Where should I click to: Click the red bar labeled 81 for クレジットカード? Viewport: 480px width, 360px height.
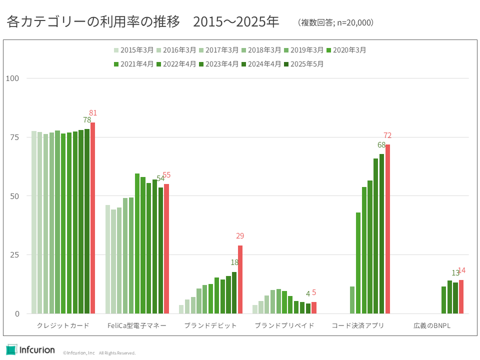coord(92,217)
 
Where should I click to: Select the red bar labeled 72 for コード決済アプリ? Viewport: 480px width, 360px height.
coord(387,229)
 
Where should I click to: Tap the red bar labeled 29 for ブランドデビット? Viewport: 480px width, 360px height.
coord(240,279)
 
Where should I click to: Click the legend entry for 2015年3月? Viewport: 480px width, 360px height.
coord(133,50)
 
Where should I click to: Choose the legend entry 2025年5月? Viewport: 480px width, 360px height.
coord(303,64)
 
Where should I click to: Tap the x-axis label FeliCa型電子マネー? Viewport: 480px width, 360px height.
coord(137,326)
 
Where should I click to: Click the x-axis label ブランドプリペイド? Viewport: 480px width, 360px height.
coord(284,326)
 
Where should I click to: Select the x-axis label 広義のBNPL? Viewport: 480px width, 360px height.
coord(432,326)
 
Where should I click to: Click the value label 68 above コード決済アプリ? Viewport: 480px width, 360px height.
coord(381,145)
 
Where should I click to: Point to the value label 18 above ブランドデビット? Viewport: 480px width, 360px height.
coord(234,262)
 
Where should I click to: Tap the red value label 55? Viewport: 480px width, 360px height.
coord(166,175)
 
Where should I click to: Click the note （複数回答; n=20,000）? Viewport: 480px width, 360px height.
coord(335,22)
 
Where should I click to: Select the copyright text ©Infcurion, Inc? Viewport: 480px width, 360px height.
coord(78,353)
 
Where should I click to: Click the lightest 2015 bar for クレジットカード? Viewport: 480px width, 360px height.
coord(34,222)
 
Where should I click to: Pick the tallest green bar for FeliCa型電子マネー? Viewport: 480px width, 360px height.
coord(137,243)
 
